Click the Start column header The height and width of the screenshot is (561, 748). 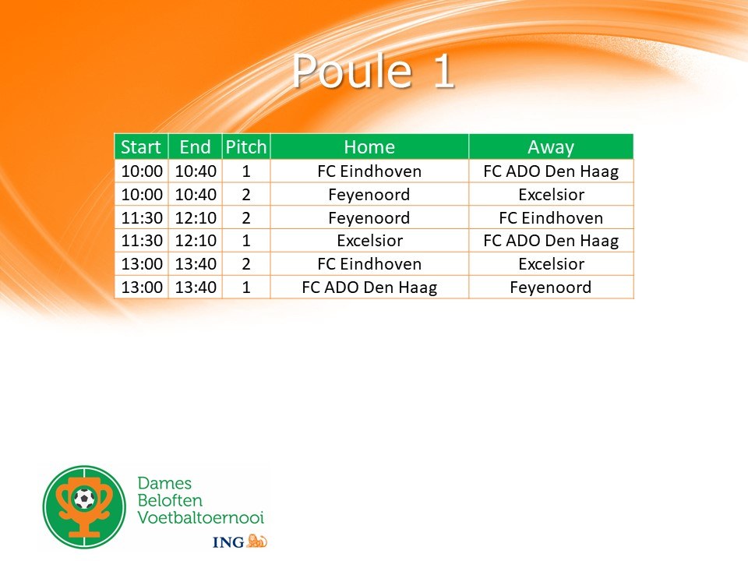click(141, 147)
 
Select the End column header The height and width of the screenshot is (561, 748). click(195, 147)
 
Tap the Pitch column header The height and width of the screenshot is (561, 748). click(246, 147)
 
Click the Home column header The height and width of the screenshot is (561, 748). click(369, 147)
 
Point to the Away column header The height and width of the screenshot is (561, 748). click(551, 147)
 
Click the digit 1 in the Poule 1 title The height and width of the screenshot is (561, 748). click(443, 71)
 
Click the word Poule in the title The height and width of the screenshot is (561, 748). click(352, 71)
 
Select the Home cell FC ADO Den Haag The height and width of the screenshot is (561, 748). click(369, 288)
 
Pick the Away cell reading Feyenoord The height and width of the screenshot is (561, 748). click(551, 288)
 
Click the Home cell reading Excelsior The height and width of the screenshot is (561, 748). click(369, 241)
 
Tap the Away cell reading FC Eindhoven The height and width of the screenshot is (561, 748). click(551, 218)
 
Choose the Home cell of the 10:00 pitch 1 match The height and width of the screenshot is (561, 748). click(369, 171)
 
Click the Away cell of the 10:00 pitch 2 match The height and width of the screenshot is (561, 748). click(551, 195)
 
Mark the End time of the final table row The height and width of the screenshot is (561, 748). click(196, 288)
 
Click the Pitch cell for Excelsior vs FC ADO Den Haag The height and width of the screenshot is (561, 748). click(246, 241)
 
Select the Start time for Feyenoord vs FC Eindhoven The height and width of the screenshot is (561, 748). click(142, 218)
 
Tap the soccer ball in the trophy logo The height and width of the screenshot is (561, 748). click(84, 499)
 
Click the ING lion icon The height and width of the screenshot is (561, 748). click(256, 541)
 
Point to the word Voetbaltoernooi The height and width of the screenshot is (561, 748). click(201, 517)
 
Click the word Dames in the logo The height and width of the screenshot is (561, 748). click(164, 483)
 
